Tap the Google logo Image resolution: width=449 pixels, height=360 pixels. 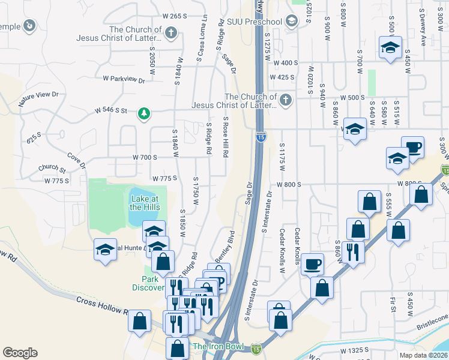20,353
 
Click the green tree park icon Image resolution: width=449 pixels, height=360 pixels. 143,113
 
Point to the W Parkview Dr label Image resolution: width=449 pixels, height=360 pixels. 124,79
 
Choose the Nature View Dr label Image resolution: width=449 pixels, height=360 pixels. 38,98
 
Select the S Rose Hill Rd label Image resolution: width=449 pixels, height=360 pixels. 226,137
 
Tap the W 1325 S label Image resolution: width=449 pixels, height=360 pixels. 358,350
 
